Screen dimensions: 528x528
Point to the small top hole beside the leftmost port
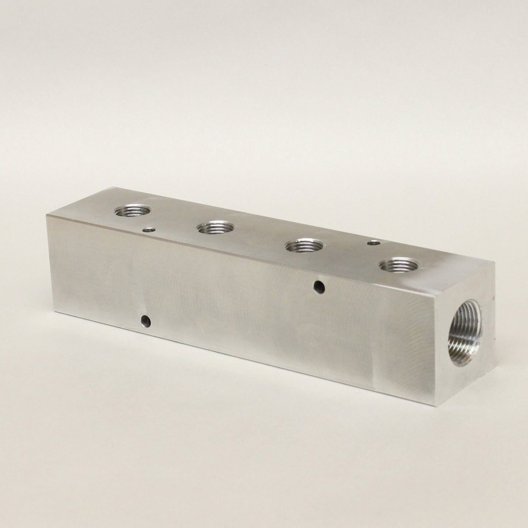point(149,230)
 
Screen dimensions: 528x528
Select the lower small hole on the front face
point(146,321)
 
